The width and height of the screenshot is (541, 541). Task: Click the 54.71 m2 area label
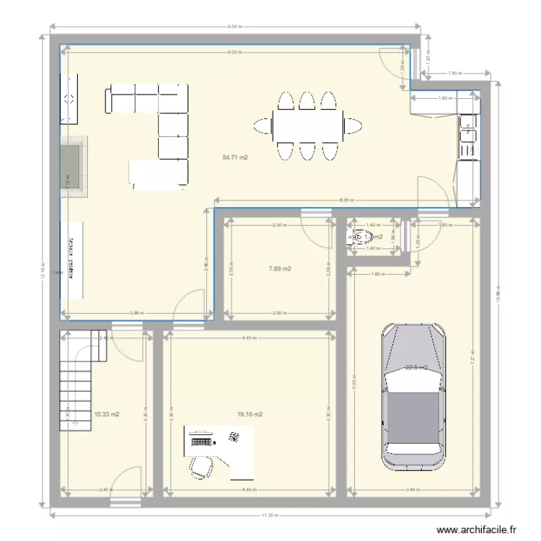click(235, 157)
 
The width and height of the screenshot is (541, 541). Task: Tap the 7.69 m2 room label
click(279, 269)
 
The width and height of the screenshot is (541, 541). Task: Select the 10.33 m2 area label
click(106, 415)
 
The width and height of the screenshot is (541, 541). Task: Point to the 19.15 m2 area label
click(250, 415)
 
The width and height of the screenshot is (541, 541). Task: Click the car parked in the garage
click(413, 397)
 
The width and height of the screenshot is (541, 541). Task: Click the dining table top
click(307, 126)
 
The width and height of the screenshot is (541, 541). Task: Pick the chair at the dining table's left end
click(260, 126)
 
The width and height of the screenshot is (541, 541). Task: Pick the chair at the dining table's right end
click(353, 126)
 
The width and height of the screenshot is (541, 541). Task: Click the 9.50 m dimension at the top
click(234, 27)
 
